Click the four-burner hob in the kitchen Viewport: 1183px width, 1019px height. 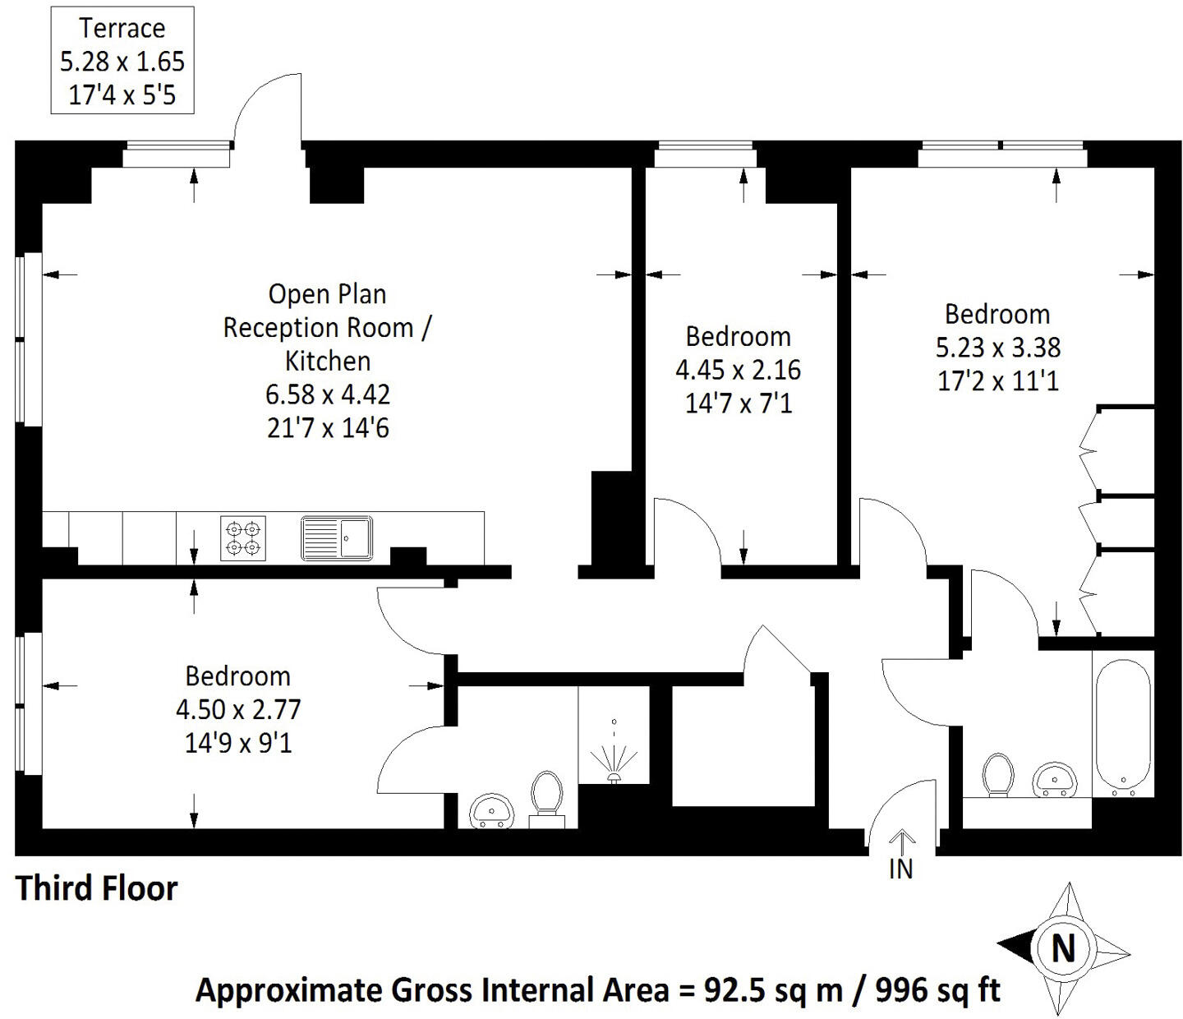(x=243, y=538)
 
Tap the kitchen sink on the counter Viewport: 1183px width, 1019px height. (x=337, y=537)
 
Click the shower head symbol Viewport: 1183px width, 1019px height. (x=615, y=756)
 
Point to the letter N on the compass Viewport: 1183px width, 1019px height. (x=1063, y=948)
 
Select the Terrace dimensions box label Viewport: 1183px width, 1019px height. (x=122, y=61)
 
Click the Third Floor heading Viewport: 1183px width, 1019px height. (x=97, y=888)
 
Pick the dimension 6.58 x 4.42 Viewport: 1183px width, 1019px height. (x=327, y=394)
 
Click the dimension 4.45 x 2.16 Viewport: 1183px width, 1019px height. (x=739, y=370)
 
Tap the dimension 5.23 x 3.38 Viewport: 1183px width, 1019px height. (x=998, y=348)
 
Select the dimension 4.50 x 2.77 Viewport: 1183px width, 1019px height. (x=238, y=710)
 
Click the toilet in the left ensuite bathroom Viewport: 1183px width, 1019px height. (x=546, y=799)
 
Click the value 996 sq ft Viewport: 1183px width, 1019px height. (x=937, y=990)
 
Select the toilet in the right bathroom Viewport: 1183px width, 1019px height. (x=998, y=775)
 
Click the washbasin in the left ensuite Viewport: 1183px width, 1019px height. (x=490, y=810)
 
